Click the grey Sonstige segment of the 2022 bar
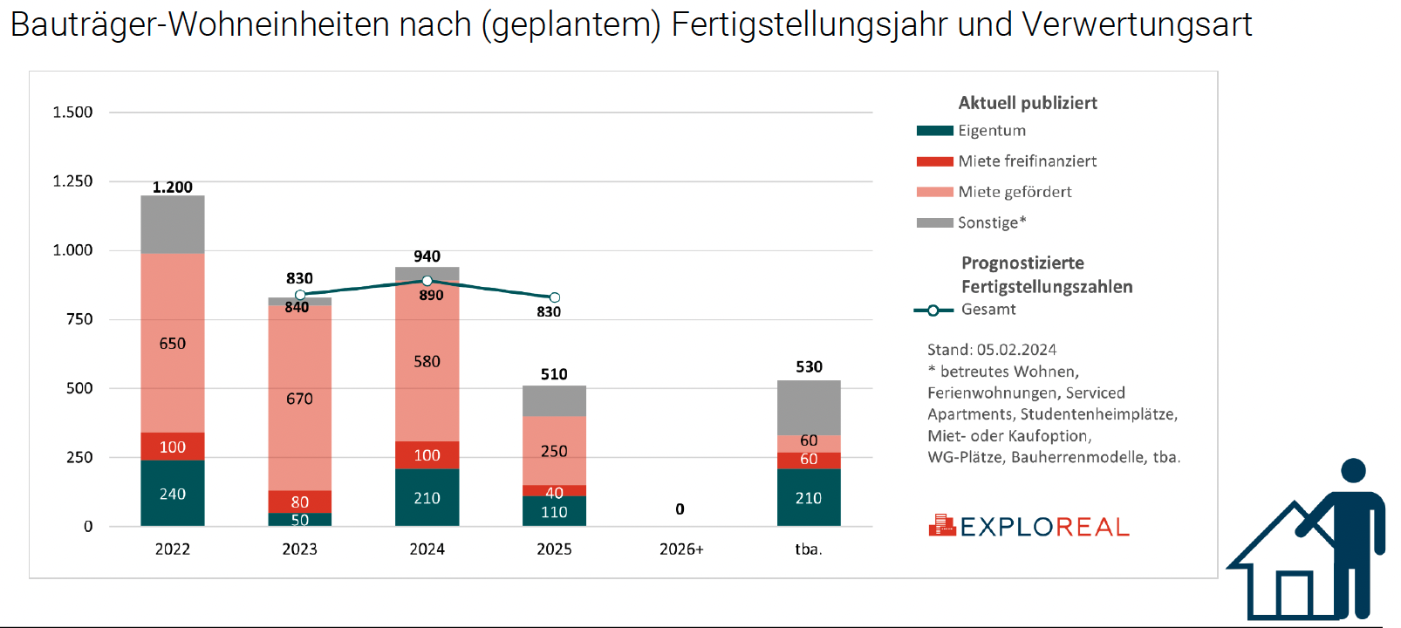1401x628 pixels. [x=173, y=225]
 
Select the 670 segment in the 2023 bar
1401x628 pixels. [x=299, y=398]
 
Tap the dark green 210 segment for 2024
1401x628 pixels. [x=427, y=497]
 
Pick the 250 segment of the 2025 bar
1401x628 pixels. [x=554, y=450]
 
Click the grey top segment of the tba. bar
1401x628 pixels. [x=809, y=407]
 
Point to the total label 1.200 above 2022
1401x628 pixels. [x=173, y=187]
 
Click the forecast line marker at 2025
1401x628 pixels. [x=555, y=297]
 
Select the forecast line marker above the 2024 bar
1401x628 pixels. [x=427, y=281]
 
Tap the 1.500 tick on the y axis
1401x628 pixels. [x=72, y=112]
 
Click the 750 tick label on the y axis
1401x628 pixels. [x=79, y=319]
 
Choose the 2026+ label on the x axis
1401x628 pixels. [x=681, y=549]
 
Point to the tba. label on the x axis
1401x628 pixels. [x=809, y=549]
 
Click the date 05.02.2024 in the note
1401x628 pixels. [x=1016, y=350]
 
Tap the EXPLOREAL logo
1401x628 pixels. [x=1029, y=526]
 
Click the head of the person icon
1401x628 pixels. [x=1353, y=471]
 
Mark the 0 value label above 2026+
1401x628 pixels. [x=680, y=509]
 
